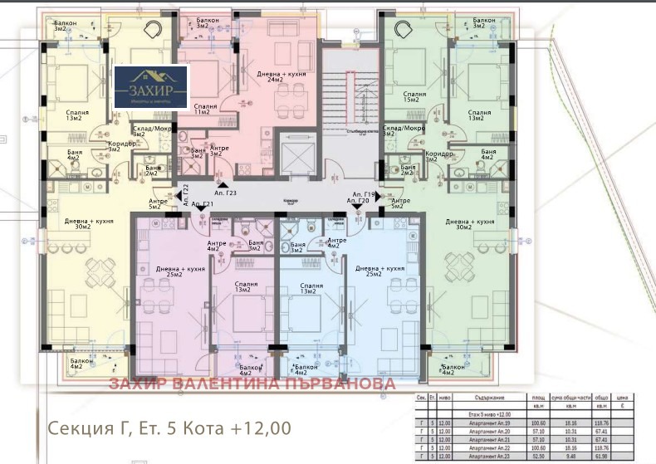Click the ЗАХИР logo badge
(151, 85)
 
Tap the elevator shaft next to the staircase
(296, 153)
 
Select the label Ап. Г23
(226, 193)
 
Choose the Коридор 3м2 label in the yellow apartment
(120, 145)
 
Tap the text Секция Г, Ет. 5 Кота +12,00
(169, 428)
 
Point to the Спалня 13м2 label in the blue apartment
(308, 287)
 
